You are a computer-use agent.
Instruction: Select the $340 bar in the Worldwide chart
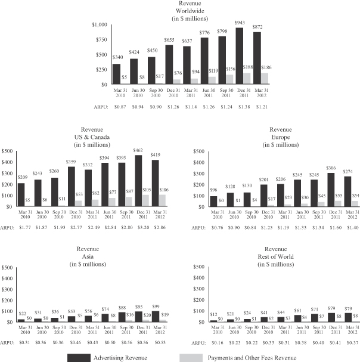[x=117, y=74]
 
